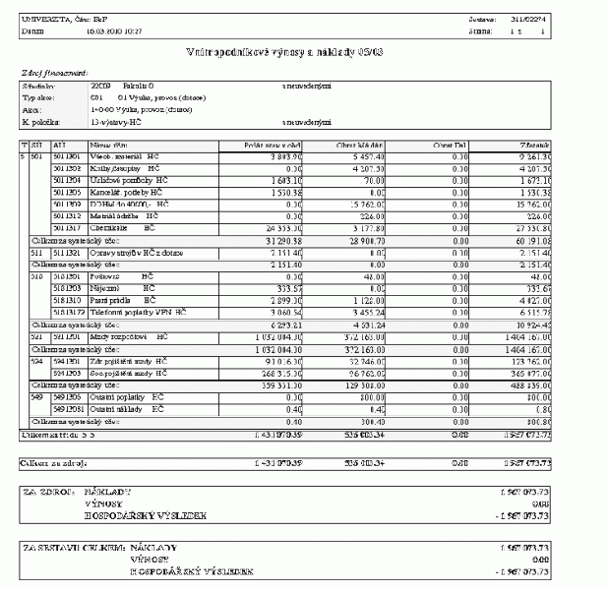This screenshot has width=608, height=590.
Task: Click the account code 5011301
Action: pyautogui.click(x=66, y=156)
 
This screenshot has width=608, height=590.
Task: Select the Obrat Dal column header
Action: pyautogui.click(x=453, y=145)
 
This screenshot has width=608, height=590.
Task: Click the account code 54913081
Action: pyautogui.click(x=68, y=407)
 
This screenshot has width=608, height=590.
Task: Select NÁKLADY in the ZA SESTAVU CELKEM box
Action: pyautogui.click(x=152, y=546)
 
